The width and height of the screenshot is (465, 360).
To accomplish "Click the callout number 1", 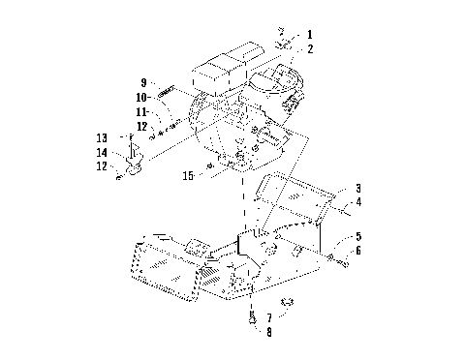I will pyautogui.click(x=310, y=35).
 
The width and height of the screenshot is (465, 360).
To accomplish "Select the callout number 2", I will pyautogui.click(x=310, y=47).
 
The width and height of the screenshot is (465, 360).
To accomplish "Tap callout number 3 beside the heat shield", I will pyautogui.click(x=357, y=188).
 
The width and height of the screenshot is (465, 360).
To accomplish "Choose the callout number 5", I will pyautogui.click(x=357, y=235).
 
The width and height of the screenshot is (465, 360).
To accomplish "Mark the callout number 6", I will pyautogui.click(x=357, y=250).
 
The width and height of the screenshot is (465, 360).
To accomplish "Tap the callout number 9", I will pyautogui.click(x=142, y=82).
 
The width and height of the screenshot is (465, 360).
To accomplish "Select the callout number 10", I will pyautogui.click(x=141, y=98).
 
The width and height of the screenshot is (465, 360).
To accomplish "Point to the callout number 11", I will pyautogui.click(x=141, y=112).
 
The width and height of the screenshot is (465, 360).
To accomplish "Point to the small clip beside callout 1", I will pyautogui.click(x=282, y=44).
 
